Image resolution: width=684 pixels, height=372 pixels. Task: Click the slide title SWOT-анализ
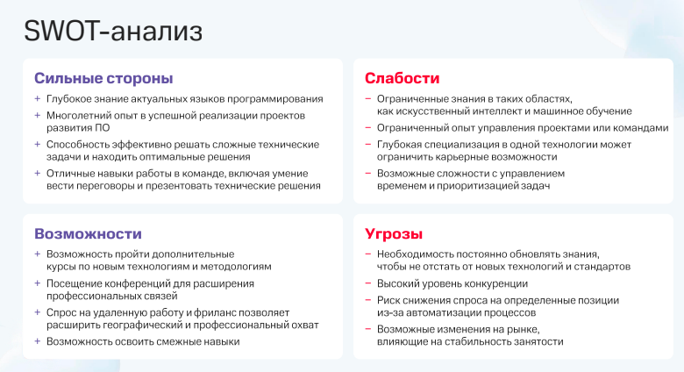pyautogui.click(x=113, y=31)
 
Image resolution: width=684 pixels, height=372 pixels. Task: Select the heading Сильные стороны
pyautogui.click(x=103, y=78)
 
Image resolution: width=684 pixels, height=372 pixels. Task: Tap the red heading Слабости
pyautogui.click(x=402, y=78)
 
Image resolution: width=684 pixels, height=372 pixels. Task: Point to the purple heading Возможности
pyautogui.click(x=88, y=234)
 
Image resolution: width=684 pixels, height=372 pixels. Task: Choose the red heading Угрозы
pyautogui.click(x=394, y=234)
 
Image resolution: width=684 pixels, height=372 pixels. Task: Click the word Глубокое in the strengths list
pyautogui.click(x=71, y=99)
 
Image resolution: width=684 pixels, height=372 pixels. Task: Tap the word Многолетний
pyautogui.click(x=81, y=116)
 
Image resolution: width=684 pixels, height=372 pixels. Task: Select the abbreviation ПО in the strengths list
pyautogui.click(x=103, y=128)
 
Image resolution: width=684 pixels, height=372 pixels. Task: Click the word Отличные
pyautogui.click(x=72, y=174)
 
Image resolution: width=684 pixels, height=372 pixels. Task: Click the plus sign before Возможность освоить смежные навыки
pyautogui.click(x=38, y=341)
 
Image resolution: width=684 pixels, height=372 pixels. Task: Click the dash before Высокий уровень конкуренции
pyautogui.click(x=368, y=283)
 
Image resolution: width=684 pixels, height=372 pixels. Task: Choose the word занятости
pyautogui.click(x=533, y=341)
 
